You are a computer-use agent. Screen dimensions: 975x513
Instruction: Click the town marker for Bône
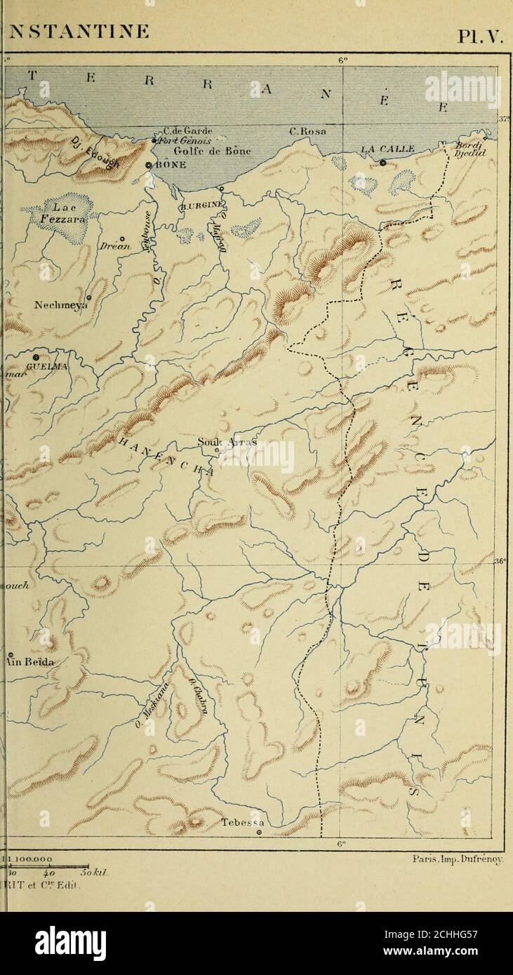149,165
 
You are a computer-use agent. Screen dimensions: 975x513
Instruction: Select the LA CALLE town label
387,149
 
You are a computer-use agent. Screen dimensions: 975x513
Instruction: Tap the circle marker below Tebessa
259,833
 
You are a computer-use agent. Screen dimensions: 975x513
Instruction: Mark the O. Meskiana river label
149,705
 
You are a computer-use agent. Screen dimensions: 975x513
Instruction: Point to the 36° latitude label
500,561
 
